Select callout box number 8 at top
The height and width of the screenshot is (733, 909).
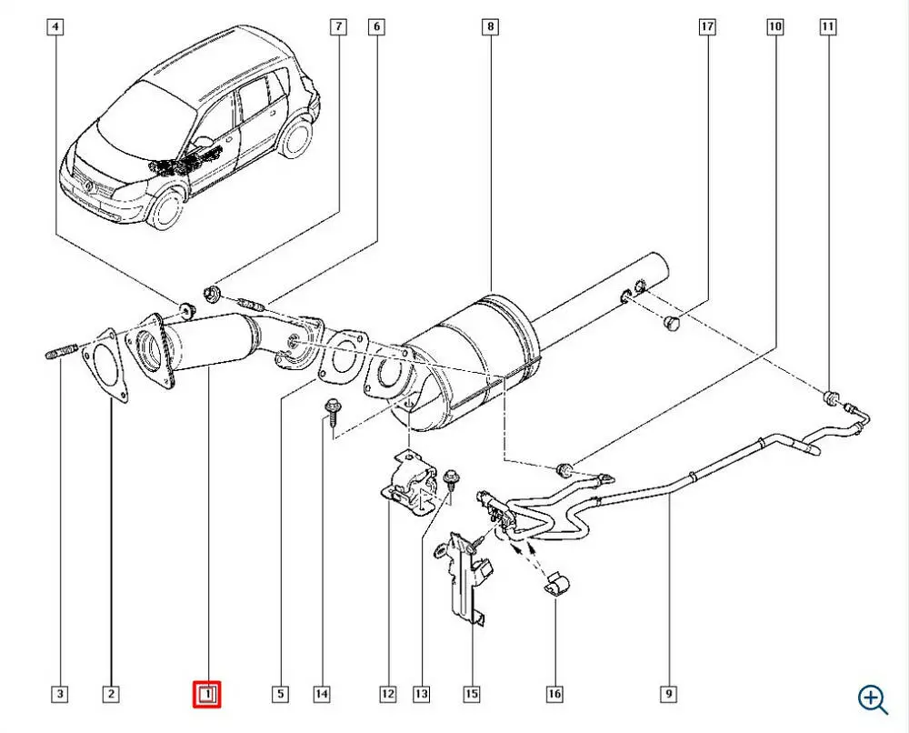[x=491, y=28]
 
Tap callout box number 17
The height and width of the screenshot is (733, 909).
[x=706, y=28]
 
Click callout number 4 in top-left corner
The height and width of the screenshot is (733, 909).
[x=56, y=28]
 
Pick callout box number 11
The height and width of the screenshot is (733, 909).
[x=827, y=28]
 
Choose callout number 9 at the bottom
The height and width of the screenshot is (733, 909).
[x=668, y=696]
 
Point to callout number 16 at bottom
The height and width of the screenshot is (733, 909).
[x=554, y=696]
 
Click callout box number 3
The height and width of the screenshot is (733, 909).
[x=59, y=696]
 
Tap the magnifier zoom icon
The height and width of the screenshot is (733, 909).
[x=872, y=698]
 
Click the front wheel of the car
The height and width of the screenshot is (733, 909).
[x=167, y=207]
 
